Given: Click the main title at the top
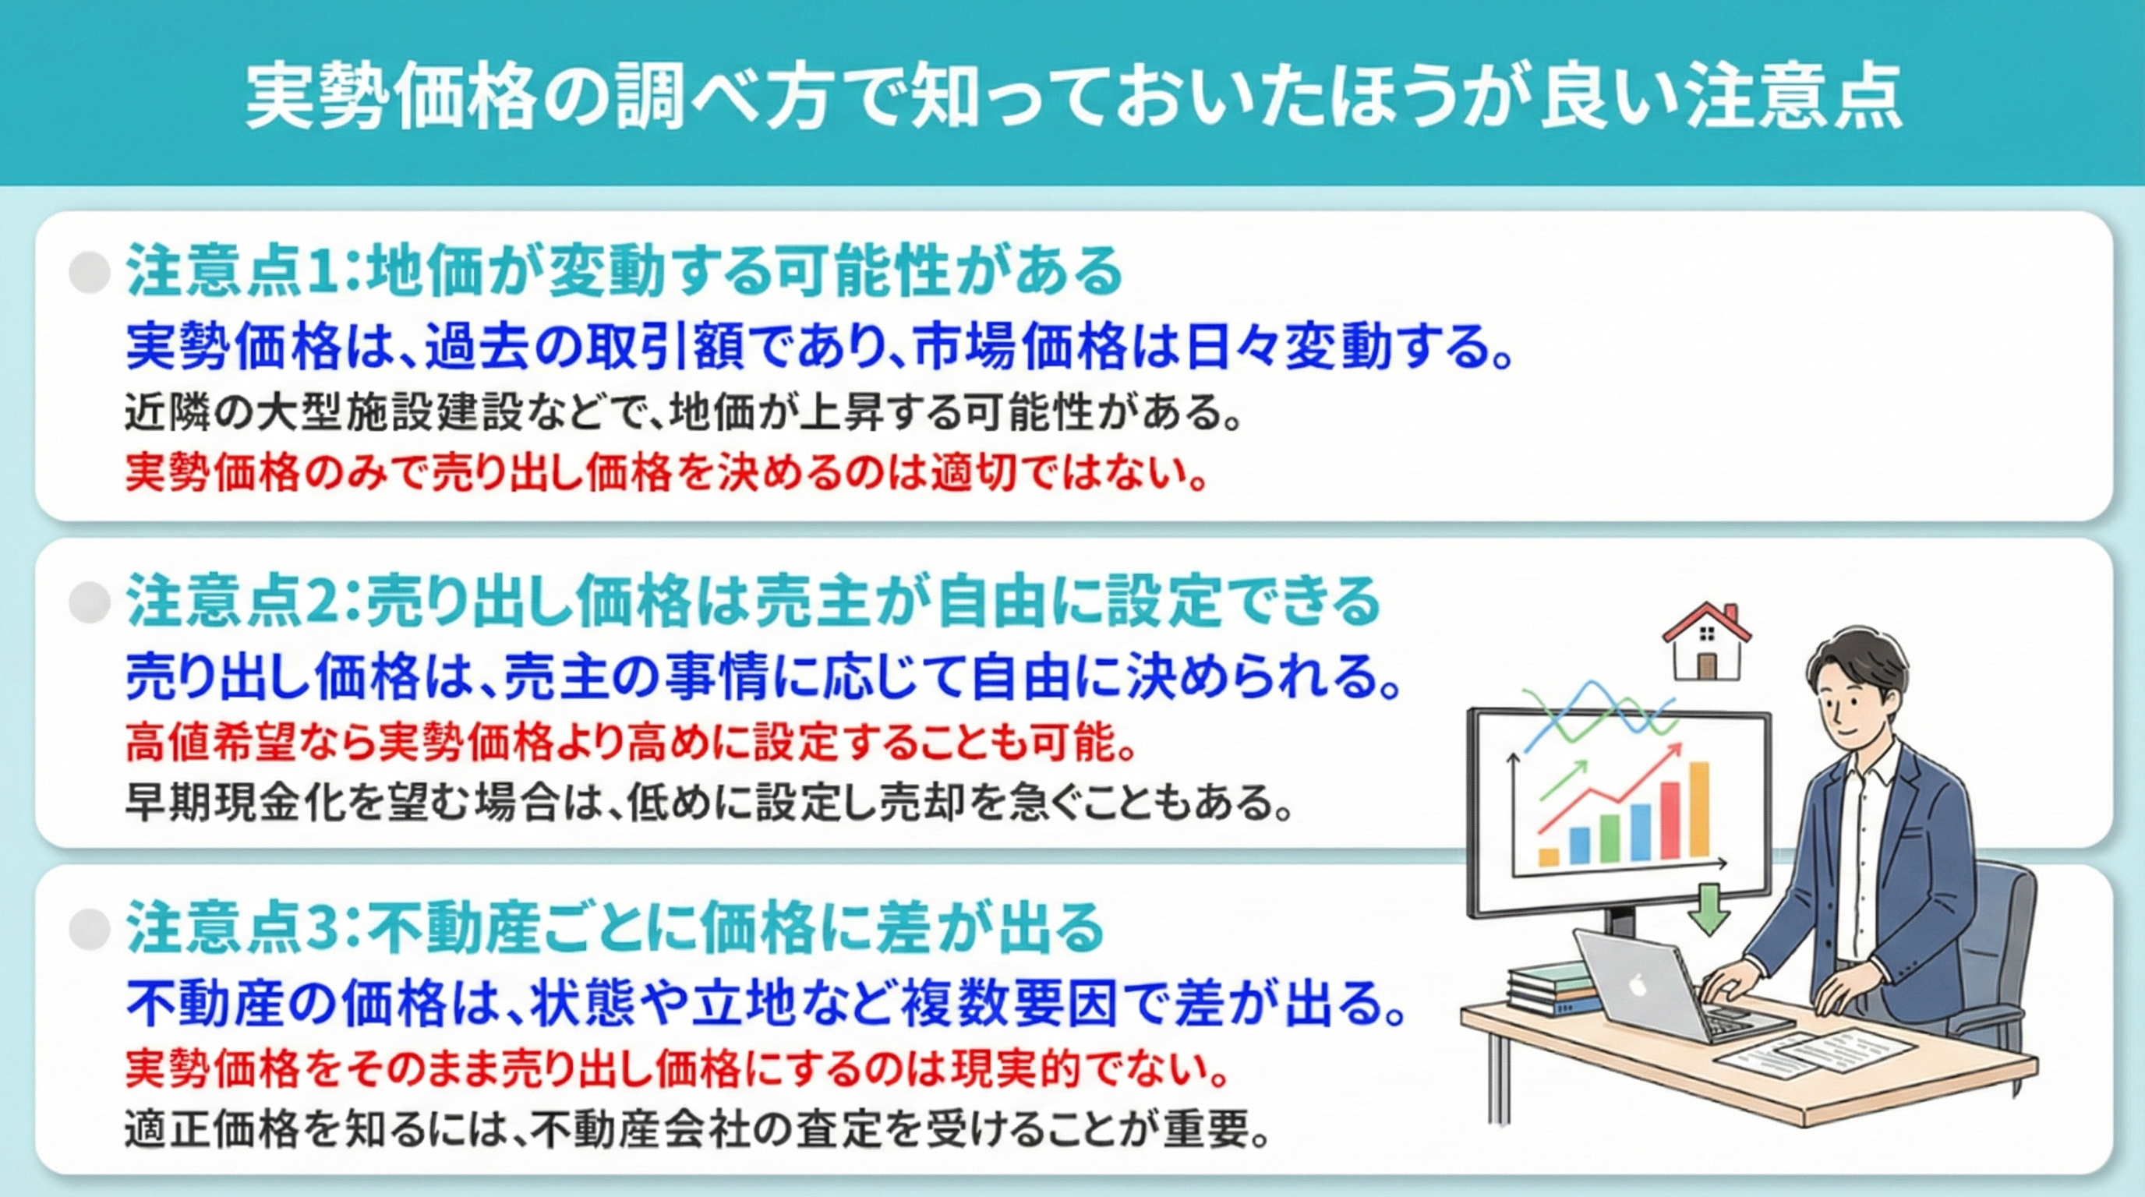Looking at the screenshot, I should click(x=1072, y=98).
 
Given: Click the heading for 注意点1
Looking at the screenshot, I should click(x=624, y=272).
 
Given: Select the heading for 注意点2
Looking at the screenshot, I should click(x=754, y=601).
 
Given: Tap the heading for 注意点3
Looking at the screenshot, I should click(x=617, y=928).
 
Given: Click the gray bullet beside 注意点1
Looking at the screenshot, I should click(x=89, y=272).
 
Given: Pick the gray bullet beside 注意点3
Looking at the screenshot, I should click(x=89, y=929).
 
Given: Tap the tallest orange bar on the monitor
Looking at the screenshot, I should click(x=1698, y=809).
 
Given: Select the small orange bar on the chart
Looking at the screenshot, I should click(x=1549, y=856).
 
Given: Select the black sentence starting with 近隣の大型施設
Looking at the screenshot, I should click(x=683, y=412).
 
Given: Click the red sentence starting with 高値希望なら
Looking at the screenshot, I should click(x=631, y=743).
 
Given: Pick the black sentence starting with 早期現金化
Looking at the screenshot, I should click(x=708, y=803).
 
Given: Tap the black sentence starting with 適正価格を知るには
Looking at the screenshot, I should click(x=698, y=1129).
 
